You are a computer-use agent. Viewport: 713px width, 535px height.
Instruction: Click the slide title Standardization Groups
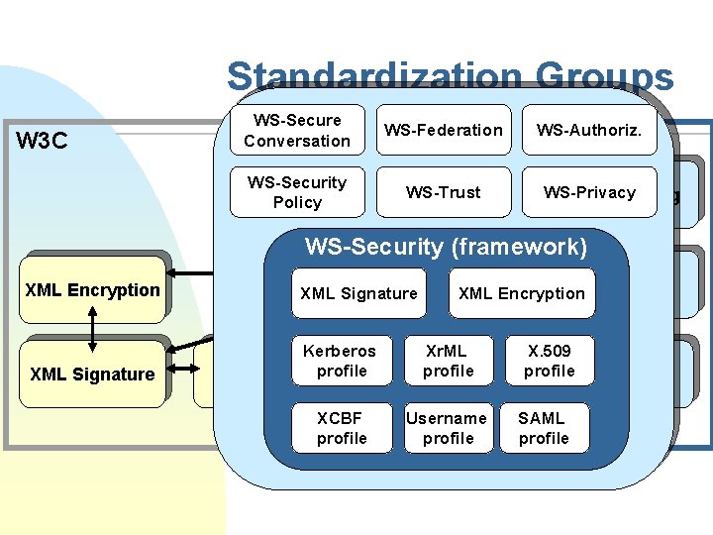(x=450, y=77)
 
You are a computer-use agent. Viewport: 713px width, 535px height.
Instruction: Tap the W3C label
(x=43, y=140)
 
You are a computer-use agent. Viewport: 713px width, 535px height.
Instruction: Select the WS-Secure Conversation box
(x=297, y=130)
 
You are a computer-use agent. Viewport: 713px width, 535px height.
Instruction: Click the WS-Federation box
(x=444, y=130)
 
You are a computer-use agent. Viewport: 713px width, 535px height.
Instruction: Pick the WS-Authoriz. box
(x=589, y=130)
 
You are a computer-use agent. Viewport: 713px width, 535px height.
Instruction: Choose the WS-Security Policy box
(x=297, y=192)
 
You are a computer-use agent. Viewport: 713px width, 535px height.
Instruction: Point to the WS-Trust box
(x=444, y=192)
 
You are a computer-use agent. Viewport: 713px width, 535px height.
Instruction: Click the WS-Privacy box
(x=589, y=192)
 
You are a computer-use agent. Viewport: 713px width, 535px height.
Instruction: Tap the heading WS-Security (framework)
(x=446, y=246)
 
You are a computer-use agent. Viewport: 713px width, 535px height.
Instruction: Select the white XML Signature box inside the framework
(x=358, y=293)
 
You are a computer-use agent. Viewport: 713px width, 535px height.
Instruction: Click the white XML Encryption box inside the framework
(x=522, y=293)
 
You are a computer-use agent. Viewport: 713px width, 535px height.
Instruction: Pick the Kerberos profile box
(x=341, y=361)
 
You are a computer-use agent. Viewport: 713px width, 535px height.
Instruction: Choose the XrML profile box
(x=448, y=361)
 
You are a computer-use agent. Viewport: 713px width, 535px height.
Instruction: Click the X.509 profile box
(x=549, y=361)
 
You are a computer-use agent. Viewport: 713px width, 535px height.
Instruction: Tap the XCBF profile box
(x=341, y=428)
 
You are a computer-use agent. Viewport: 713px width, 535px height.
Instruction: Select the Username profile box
(x=448, y=428)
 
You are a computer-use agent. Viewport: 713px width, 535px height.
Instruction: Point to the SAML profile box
(x=544, y=428)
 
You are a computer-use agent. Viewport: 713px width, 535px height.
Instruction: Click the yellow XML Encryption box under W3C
(x=92, y=290)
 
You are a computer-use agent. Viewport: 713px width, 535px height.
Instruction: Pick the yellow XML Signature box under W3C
(x=92, y=374)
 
